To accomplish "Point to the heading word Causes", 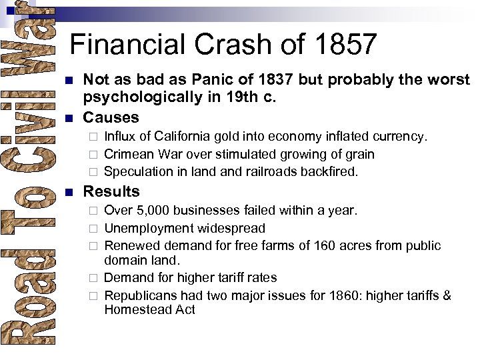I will click(111, 117).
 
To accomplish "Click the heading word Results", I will click(111, 191).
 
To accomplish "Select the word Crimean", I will click(130, 154).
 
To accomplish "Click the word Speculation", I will click(137, 171).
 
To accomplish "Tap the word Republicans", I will click(140, 295).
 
